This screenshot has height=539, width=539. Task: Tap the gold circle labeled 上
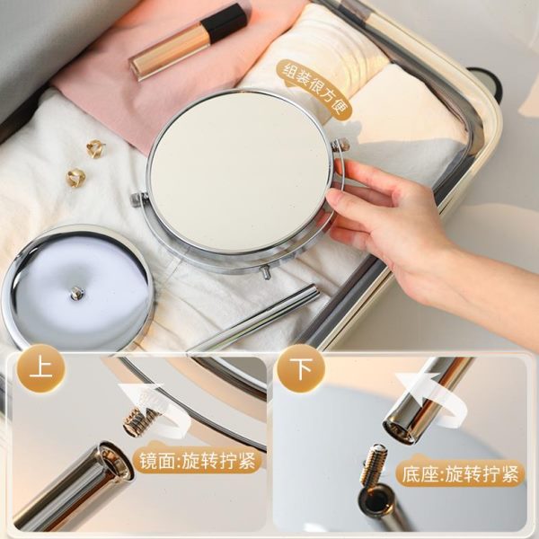pyautogui.click(x=41, y=369)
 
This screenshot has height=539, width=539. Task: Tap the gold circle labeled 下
pyautogui.click(x=301, y=369)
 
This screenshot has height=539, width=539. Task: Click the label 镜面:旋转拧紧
pyautogui.click(x=197, y=461)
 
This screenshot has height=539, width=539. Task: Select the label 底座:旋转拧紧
pyautogui.click(x=460, y=474)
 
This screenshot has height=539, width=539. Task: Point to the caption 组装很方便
pyautogui.click(x=315, y=88)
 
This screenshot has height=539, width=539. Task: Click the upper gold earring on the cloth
pyautogui.click(x=95, y=148)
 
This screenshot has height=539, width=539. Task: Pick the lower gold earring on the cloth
pyautogui.click(x=76, y=178)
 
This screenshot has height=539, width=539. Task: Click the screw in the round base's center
pyautogui.click(x=76, y=293)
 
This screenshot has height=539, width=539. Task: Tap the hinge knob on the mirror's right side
pyautogui.click(x=340, y=145)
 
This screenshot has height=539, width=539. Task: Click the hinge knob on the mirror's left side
pyautogui.click(x=138, y=200)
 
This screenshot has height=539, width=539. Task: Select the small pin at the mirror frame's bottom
pyautogui.click(x=265, y=272)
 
